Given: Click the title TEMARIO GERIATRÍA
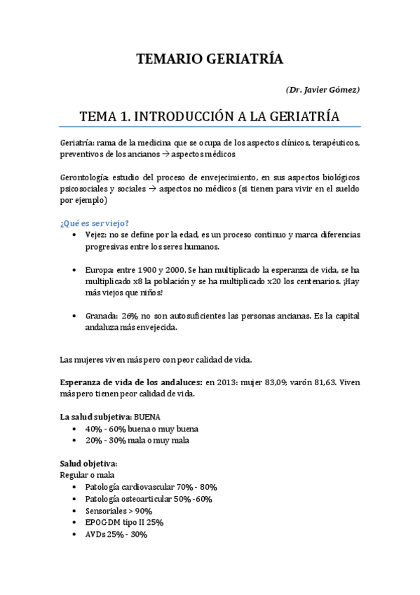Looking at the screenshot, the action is tap(210, 60).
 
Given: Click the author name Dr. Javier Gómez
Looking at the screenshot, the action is tap(323, 91).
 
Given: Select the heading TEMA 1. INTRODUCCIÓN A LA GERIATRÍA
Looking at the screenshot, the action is tap(210, 115).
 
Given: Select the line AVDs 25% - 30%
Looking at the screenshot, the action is tap(116, 534).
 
